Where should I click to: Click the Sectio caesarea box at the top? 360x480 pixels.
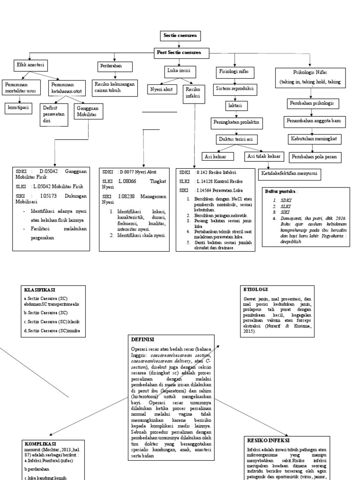click(180, 36)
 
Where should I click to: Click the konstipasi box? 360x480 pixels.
click(17, 107)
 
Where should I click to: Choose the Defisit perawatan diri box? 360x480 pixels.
click(54, 113)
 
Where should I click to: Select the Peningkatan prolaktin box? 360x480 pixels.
click(236, 123)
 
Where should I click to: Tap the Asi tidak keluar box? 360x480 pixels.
click(264, 156)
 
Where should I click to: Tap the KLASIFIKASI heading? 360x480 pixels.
click(40, 290)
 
